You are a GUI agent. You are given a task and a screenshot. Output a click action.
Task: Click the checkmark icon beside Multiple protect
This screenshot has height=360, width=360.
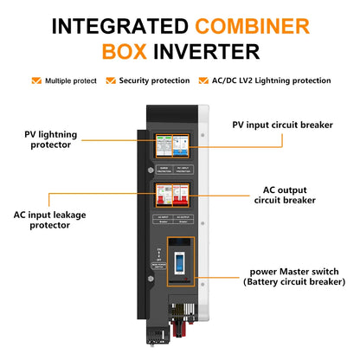[36, 80]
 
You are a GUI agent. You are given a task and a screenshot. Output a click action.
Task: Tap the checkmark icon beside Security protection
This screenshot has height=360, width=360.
[111, 80]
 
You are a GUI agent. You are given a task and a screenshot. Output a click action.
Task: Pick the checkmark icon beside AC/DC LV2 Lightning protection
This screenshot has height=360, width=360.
[205, 80]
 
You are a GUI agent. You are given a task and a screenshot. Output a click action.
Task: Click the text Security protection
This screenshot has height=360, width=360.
[153, 80]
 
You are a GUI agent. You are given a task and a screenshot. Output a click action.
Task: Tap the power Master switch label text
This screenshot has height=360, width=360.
[294, 275]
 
